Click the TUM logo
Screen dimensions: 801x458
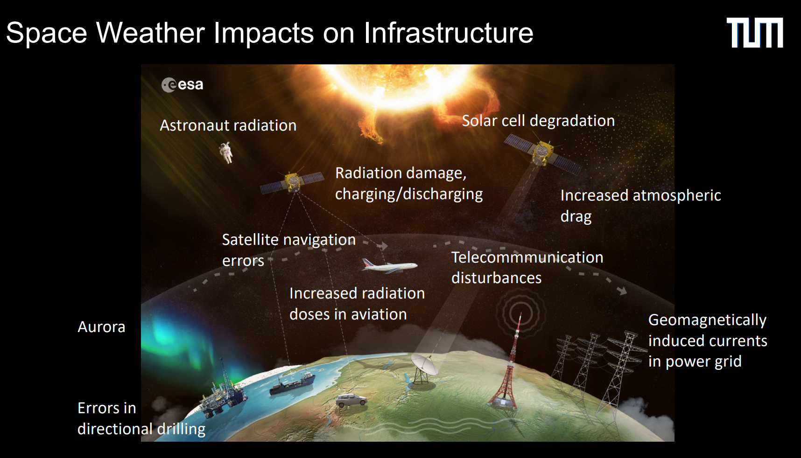pos(755,33)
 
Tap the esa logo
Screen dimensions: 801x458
pos(183,84)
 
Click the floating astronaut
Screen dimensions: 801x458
pos(226,153)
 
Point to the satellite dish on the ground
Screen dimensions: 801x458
pos(423,368)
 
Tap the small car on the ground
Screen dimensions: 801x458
pos(351,401)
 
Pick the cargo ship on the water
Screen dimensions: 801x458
pos(292,383)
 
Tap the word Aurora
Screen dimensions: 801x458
pos(101,327)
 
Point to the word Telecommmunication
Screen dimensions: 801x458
pos(527,257)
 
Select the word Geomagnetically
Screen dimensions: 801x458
pos(707,321)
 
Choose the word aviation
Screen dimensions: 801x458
pos(379,314)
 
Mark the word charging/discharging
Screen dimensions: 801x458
pos(409,194)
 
